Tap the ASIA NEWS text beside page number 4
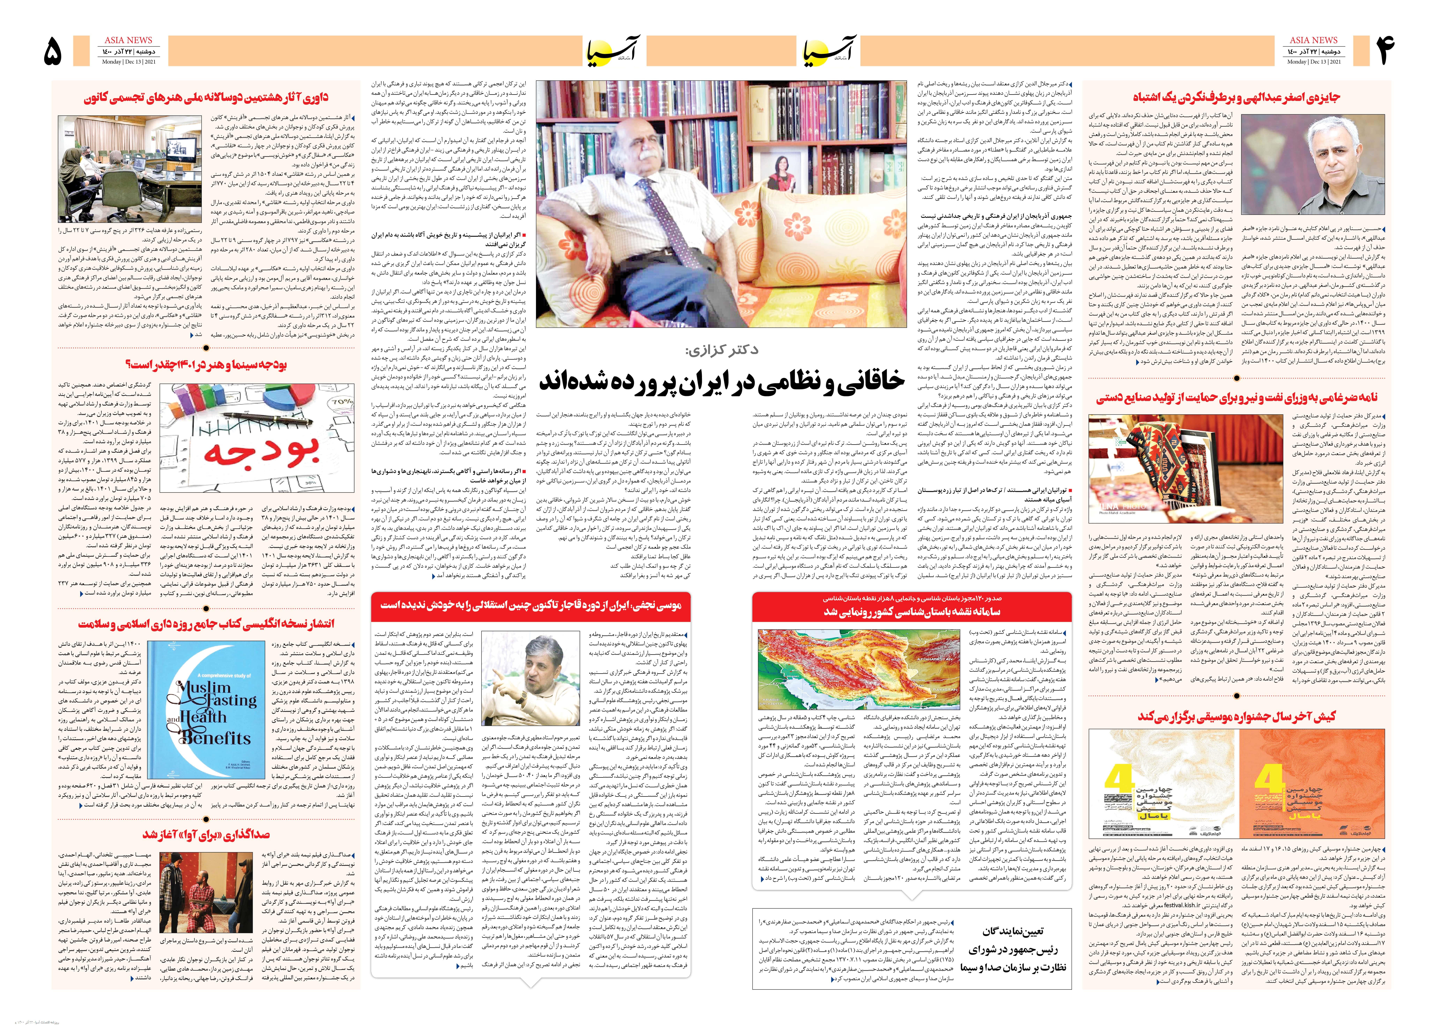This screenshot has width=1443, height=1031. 1313,40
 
